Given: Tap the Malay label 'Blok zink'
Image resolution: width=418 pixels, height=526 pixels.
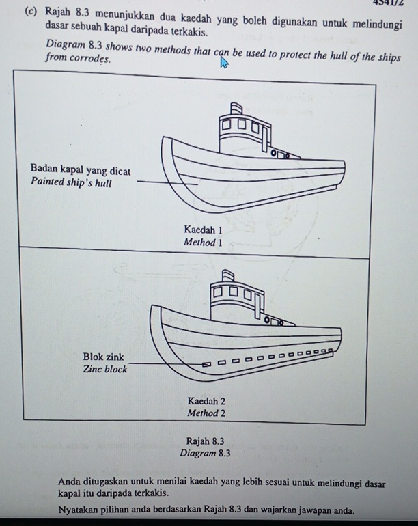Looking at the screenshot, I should tap(103, 357).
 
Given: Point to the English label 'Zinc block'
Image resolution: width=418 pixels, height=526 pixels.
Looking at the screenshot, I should tap(104, 369).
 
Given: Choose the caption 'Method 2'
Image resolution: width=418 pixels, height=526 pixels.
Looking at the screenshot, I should tap(206, 413).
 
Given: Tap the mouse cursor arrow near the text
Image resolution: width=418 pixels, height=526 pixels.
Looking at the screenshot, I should tap(223, 64).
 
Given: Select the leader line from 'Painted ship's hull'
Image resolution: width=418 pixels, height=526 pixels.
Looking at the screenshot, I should tap(167, 182).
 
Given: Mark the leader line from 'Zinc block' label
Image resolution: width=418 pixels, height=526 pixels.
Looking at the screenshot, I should tap(164, 364).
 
